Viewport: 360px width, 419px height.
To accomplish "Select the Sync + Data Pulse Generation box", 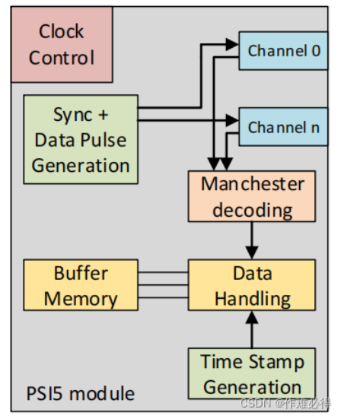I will click(x=81, y=139).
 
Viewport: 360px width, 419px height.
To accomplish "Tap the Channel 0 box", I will click(x=282, y=51).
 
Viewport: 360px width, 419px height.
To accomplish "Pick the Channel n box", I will click(x=282, y=127).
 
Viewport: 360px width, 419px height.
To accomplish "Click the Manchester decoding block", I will click(x=251, y=196).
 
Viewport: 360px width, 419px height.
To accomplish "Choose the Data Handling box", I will click(x=251, y=286).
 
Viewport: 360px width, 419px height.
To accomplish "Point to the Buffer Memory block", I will click(x=81, y=286).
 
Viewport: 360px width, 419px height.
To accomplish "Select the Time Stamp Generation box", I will click(x=251, y=373).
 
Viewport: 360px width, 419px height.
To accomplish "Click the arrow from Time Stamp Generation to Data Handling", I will click(x=251, y=329).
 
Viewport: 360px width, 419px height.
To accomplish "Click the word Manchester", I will click(x=252, y=184).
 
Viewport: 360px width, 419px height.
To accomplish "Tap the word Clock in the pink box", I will click(x=62, y=32).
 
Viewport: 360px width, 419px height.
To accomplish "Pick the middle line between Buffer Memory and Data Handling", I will click(x=163, y=286).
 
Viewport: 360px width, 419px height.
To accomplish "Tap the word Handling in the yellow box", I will click(x=252, y=298).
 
